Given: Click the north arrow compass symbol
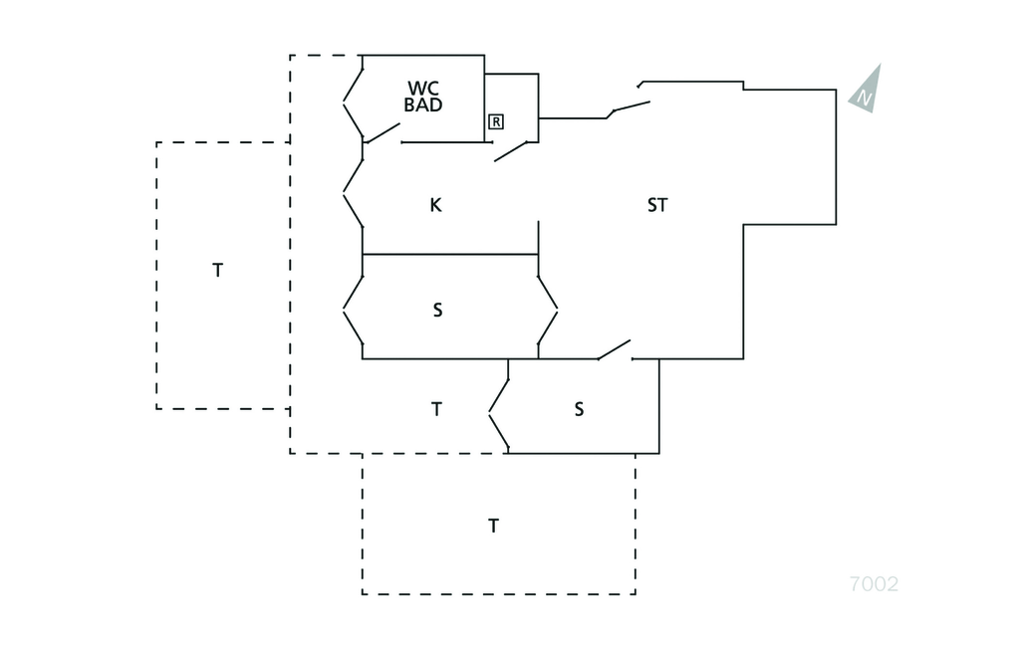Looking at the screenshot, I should point(867,90).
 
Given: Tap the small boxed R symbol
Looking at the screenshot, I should point(496,121).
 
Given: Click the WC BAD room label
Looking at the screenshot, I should point(423,97).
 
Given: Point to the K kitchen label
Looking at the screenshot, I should point(435,206).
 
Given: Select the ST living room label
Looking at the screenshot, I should point(657,206).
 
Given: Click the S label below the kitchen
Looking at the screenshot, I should point(437,311).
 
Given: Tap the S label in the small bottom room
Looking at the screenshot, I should point(579,409).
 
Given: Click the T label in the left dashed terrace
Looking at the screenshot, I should point(218,270).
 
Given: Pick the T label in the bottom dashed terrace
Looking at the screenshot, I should point(493,526).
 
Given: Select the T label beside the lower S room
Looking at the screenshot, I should point(436,409).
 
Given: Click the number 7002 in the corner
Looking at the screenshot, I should point(874,584).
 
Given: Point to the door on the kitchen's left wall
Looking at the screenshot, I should point(353,191).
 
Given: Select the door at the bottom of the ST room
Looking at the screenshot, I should point(615,350).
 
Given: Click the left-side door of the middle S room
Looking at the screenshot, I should point(353,309).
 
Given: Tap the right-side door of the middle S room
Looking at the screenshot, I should point(548,309).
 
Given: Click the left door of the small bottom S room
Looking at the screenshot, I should point(499,411).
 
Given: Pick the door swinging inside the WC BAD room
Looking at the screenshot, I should point(383,132).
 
